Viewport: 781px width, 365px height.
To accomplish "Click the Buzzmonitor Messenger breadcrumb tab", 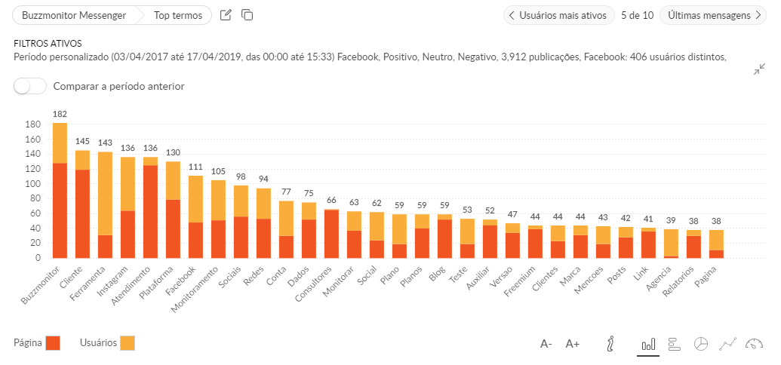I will [74, 15].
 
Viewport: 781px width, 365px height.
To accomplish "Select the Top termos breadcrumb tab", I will [178, 15].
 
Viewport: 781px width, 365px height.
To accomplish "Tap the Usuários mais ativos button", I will [558, 15].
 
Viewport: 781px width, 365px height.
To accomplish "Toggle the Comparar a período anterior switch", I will [30, 86].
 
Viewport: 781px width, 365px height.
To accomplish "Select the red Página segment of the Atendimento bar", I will [150, 211].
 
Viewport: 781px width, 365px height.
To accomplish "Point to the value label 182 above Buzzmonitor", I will [60, 114].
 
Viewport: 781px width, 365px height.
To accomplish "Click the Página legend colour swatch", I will [52, 343].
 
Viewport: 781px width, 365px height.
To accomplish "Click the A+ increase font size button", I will [572, 344].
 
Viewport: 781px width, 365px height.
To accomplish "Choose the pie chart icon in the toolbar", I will [701, 344].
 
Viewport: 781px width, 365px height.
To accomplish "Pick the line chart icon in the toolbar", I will [727, 344].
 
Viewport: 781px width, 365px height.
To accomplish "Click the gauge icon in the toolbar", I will [754, 344].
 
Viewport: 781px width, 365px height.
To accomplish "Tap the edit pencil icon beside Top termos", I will [226, 15].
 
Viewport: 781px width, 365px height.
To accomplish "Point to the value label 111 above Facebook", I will [195, 167].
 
